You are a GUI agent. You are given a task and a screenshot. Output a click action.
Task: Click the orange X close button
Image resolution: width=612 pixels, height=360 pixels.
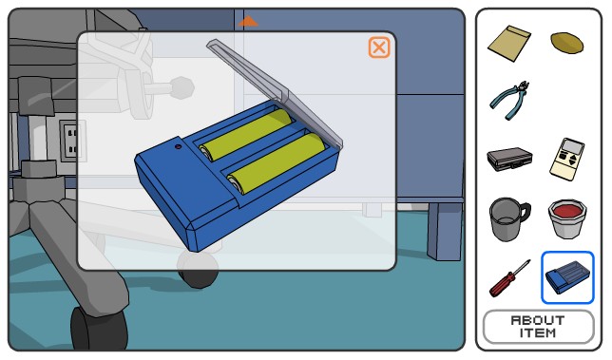378,47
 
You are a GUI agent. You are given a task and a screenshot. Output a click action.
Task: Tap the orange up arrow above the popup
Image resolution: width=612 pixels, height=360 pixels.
248,21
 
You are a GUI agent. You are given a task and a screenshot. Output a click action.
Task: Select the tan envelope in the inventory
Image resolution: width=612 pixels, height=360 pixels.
509,43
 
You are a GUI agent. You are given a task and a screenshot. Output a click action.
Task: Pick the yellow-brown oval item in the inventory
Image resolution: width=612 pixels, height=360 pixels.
566,42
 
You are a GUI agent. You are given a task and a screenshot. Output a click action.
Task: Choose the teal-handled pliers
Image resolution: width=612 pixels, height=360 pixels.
509,100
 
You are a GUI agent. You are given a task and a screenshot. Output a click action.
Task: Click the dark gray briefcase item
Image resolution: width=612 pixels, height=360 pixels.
509,159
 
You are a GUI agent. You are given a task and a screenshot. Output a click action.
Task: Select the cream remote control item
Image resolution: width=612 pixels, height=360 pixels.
567,159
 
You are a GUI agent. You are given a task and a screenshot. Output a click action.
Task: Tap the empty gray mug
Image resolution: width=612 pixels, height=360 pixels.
508,218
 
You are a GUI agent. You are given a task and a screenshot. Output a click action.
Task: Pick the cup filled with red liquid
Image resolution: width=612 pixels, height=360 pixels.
567,218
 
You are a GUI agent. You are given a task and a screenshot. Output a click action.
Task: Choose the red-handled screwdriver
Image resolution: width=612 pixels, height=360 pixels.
509,278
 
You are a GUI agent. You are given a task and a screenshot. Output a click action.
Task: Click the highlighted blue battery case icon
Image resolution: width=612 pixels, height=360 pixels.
567,277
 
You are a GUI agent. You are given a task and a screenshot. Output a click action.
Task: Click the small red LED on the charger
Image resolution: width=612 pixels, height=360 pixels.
179,146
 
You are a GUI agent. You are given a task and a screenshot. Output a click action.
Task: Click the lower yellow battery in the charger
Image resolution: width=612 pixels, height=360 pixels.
277,163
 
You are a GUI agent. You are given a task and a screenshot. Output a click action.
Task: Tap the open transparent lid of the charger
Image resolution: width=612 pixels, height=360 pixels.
277,93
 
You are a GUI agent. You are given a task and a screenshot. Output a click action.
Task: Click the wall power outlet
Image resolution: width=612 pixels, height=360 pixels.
70,141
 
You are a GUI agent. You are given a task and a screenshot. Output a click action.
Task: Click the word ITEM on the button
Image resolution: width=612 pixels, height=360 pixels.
538,332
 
